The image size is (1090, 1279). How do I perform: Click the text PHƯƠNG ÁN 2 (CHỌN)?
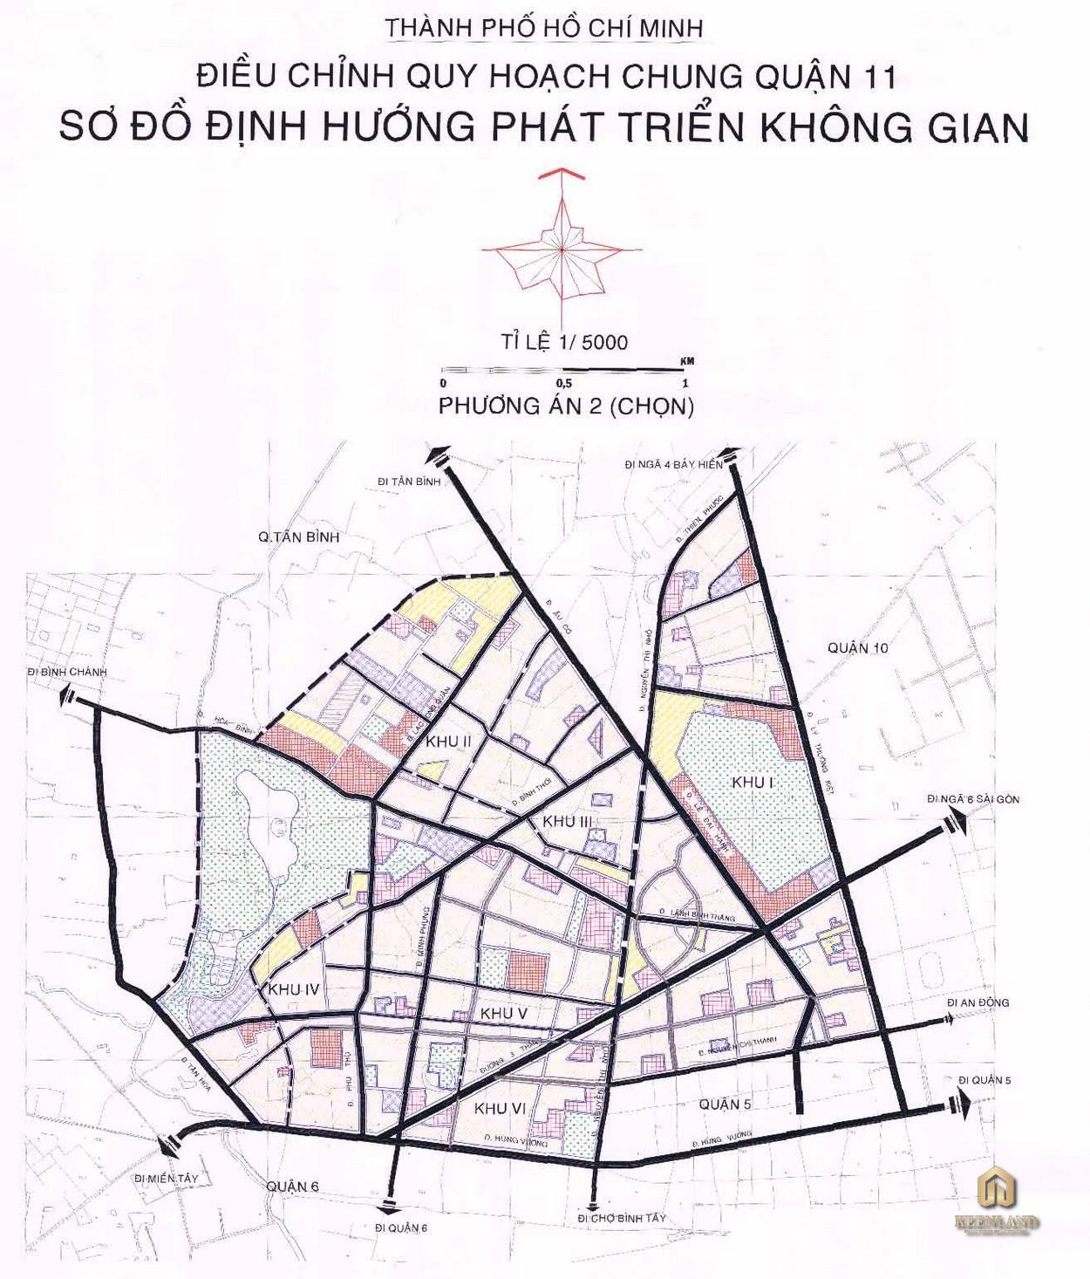[x=566, y=407]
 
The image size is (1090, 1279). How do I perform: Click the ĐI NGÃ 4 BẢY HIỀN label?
[x=674, y=464]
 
